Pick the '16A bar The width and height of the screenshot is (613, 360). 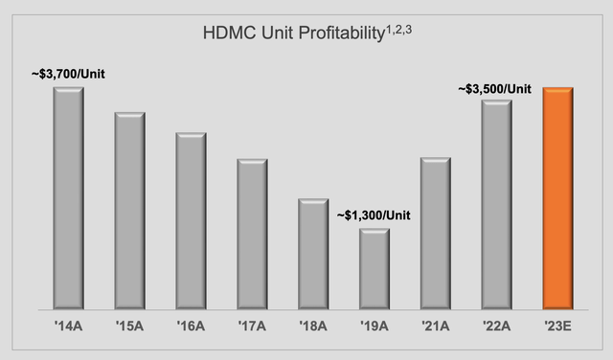click(x=191, y=221)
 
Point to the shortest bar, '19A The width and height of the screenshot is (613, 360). click(x=375, y=269)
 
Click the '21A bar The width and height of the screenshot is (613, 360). click(x=436, y=234)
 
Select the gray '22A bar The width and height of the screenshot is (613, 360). click(x=497, y=205)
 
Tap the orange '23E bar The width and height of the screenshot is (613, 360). click(x=558, y=198)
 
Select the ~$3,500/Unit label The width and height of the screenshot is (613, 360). click(x=495, y=88)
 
